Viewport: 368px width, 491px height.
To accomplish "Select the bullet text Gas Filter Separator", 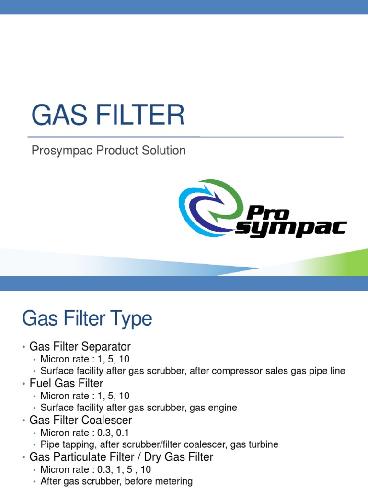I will [80, 346].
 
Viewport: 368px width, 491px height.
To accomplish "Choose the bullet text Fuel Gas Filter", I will [66, 383].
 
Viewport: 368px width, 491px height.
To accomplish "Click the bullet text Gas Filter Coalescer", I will [80, 420].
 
